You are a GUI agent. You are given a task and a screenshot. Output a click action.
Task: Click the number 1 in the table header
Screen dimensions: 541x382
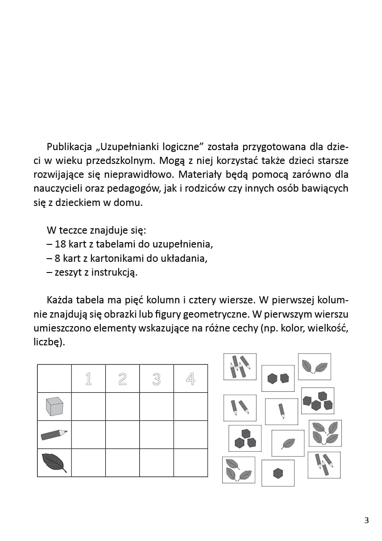tap(88, 379)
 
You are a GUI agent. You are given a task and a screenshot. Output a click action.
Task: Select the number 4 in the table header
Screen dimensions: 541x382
tap(191, 379)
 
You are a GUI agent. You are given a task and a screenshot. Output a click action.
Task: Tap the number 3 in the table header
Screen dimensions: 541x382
tap(156, 379)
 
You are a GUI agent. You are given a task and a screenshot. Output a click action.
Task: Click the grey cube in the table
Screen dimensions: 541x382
tap(54, 407)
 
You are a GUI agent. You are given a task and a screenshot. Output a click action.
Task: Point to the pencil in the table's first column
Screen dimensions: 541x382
tap(54, 435)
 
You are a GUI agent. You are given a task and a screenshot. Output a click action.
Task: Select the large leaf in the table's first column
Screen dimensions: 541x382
tap(54, 462)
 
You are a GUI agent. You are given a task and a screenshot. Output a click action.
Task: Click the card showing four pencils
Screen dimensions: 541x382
tap(240, 367)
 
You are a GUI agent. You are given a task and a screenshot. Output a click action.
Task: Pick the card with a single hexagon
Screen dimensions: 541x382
tap(278, 473)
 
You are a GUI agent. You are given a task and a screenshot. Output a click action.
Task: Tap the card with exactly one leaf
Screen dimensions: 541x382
tap(288, 443)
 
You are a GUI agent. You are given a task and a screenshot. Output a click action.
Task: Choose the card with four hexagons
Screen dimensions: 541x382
tap(318, 401)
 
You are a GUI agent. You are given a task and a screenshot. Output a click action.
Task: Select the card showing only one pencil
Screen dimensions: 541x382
tap(282, 411)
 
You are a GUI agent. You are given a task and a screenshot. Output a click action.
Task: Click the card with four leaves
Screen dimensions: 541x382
tap(325, 433)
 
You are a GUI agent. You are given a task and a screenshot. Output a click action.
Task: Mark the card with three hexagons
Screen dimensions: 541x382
tap(245, 438)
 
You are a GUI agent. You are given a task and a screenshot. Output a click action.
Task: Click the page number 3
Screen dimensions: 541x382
tap(366, 520)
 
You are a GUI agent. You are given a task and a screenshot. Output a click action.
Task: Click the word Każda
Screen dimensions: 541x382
tap(60, 300)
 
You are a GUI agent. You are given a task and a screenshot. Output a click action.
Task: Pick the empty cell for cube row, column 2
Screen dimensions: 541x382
tap(122, 407)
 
